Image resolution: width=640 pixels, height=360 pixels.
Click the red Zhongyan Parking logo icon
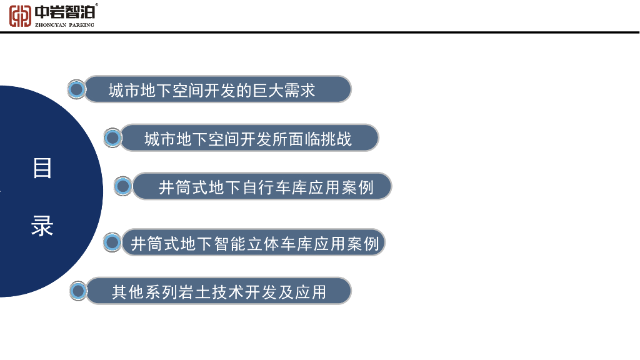[x=20, y=15]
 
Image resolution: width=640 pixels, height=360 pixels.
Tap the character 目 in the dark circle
[x=42, y=168]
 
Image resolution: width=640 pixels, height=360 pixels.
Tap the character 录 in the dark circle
[x=42, y=226]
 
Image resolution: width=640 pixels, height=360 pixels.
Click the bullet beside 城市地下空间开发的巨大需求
[x=77, y=90]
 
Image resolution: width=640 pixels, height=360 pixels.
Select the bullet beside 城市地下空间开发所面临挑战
[x=112, y=138]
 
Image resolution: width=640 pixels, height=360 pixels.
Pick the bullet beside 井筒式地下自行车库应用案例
[x=123, y=186]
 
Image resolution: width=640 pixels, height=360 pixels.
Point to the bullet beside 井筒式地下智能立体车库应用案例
[x=112, y=242]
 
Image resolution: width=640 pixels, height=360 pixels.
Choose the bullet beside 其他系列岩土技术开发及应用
[x=78, y=291]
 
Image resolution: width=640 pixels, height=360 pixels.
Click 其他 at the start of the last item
[x=127, y=292]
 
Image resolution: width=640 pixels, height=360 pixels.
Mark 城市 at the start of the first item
[x=124, y=91]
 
